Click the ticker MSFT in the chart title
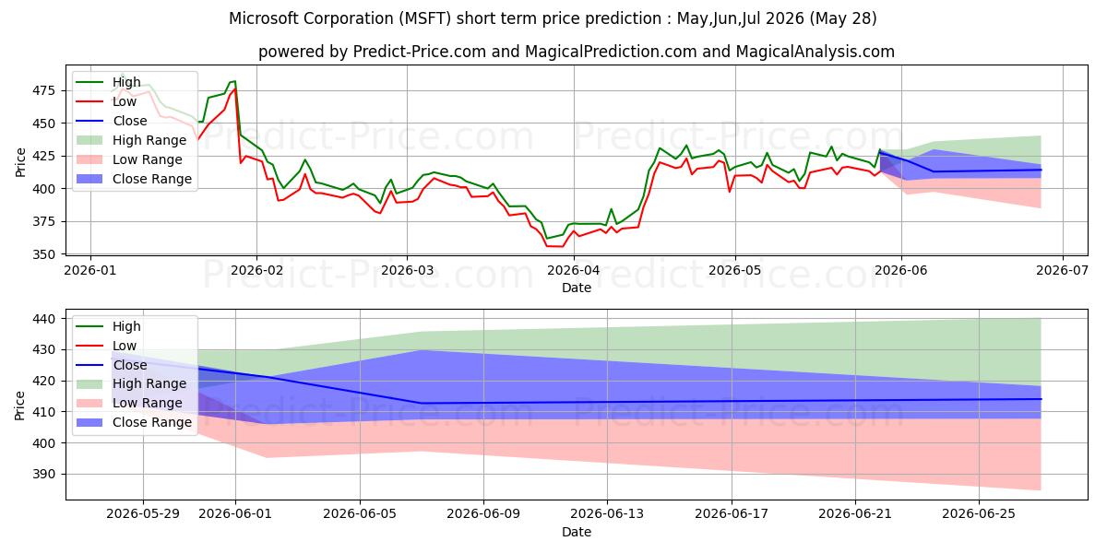pos(425,18)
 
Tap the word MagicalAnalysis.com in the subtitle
pos(815,52)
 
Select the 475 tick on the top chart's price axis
pos(43,90)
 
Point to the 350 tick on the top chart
pos(43,254)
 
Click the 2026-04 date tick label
pos(573,271)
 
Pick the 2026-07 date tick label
pos(1062,271)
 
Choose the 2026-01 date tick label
pos(90,271)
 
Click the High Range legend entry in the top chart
pos(149,140)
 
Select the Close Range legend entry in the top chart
pos(151,179)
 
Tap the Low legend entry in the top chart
pos(124,101)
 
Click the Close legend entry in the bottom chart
pos(130,365)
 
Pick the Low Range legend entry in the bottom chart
pos(148,403)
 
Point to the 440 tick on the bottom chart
pos(43,319)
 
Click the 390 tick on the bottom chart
pos(43,474)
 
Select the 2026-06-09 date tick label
pos(483,514)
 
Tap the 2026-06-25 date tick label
pos(979,514)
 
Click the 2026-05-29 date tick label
pos(143,514)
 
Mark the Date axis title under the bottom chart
pos(577,532)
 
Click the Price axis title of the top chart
pos(20,162)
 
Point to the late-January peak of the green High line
pos(234,81)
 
